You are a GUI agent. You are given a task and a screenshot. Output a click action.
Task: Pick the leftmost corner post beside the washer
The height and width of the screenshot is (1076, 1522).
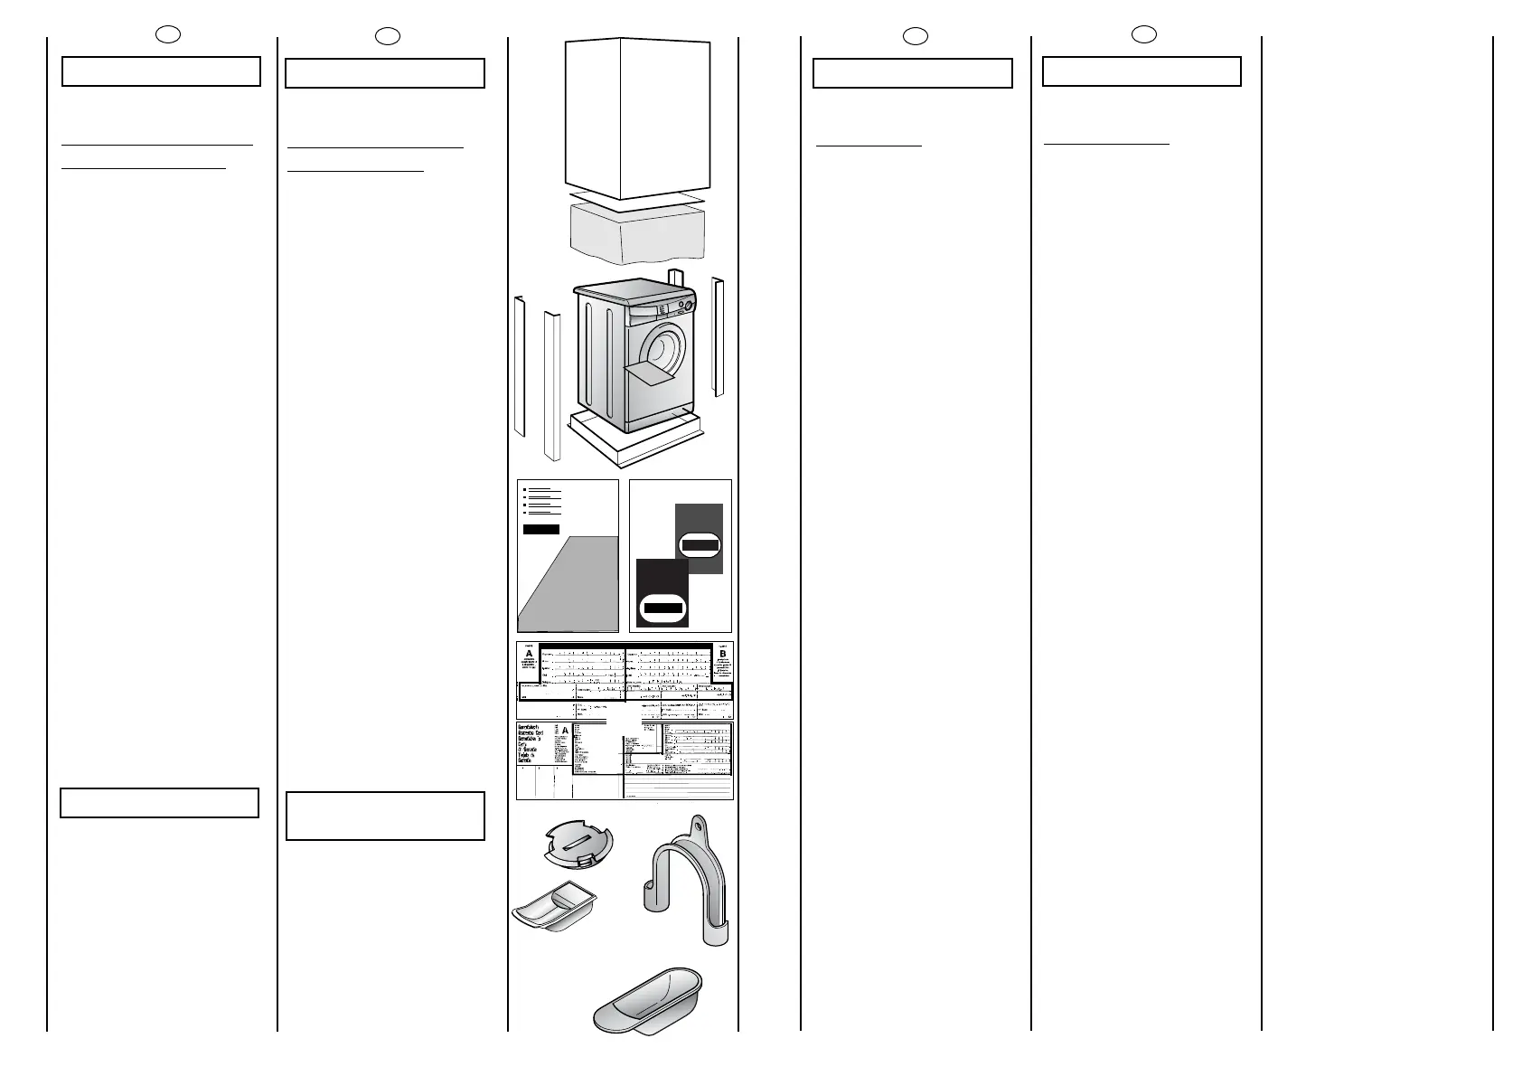(x=520, y=366)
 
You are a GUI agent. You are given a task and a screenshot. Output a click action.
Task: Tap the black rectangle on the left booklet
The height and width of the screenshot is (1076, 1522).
(x=540, y=529)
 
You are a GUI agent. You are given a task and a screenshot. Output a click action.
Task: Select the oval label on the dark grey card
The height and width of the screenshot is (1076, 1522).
(x=700, y=545)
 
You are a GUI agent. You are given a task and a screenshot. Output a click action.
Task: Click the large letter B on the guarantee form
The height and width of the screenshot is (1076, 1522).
(x=722, y=655)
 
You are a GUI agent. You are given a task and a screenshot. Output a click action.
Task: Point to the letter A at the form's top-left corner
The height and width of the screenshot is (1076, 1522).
(x=529, y=655)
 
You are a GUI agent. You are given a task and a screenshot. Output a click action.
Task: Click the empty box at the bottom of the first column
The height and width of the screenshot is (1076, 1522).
(x=160, y=803)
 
